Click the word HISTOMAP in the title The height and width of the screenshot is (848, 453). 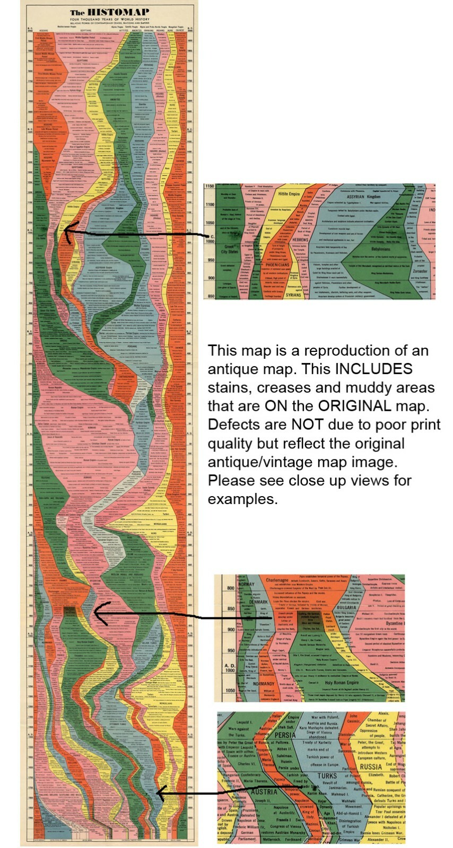tap(116, 12)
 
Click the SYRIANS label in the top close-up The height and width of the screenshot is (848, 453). tap(293, 295)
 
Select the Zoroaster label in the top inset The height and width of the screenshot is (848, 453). tap(420, 271)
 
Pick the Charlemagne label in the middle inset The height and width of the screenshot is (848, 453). tap(277, 581)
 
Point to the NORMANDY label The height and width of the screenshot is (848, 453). tap(264, 684)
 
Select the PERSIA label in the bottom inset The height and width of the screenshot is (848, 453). tap(285, 735)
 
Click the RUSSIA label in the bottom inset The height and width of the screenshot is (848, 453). tap(370, 767)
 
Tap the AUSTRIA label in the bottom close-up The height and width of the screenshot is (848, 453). tap(264, 792)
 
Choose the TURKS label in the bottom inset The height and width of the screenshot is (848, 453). tap(327, 776)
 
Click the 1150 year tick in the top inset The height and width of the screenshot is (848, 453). tap(209, 187)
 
